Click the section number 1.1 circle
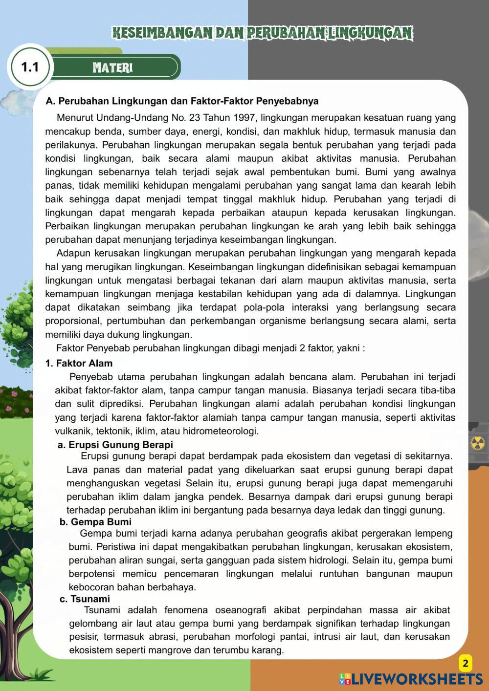pos(30,67)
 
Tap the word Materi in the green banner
pos(112,67)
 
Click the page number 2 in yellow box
pos(465,663)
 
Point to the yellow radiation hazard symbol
pos(477,443)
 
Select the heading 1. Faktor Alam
pos(79,363)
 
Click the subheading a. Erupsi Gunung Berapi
pos(115,445)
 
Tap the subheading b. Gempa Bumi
pos(95,522)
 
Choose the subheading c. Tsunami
pos(85,599)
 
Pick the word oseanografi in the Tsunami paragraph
pos(239,610)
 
